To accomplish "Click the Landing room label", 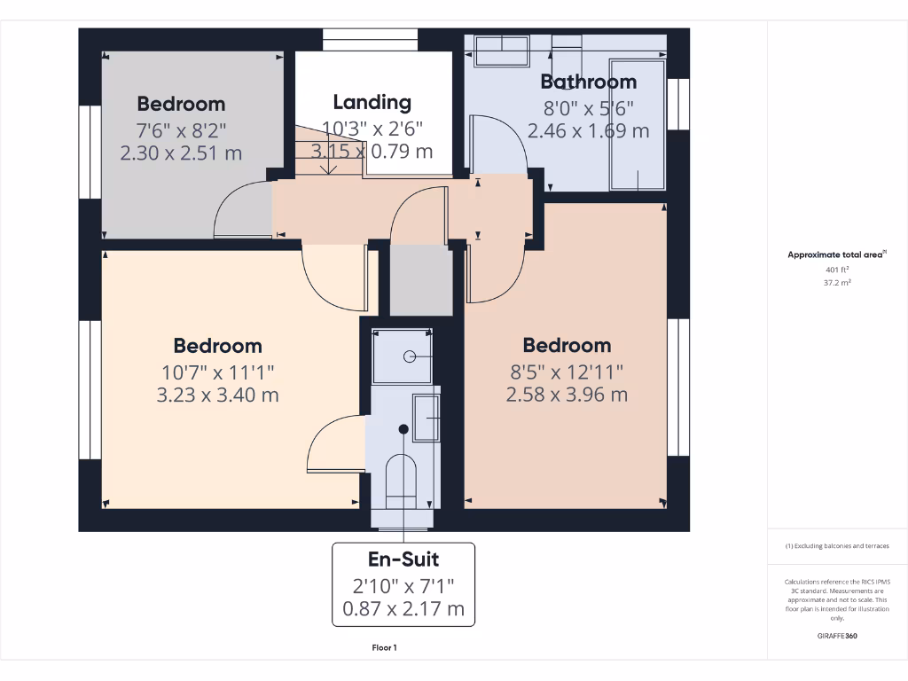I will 372,102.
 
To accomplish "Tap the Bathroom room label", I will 588,82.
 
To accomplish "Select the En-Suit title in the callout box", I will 403,560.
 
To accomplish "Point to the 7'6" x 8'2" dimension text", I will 181,129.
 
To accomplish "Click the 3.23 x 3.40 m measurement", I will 217,395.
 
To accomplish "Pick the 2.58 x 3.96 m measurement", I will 567,395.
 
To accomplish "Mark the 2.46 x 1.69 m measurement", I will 588,131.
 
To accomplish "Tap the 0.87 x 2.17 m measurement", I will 403,609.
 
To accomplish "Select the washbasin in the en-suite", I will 427,418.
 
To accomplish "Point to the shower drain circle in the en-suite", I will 410,356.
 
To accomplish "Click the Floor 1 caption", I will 384,648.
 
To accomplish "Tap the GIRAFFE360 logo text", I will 837,636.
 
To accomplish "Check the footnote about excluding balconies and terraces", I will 837,546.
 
